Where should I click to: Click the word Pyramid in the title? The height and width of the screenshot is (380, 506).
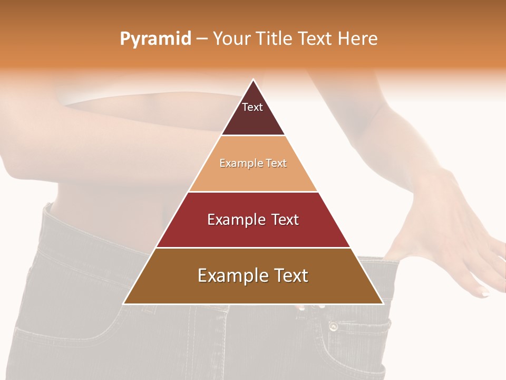[155, 39]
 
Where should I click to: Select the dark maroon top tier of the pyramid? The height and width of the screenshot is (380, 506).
[253, 119]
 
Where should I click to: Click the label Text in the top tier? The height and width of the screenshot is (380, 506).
[252, 107]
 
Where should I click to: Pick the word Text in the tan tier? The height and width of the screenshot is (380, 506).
[276, 164]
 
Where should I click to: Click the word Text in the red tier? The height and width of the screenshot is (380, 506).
[285, 220]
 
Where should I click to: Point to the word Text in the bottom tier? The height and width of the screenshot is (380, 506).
[289, 275]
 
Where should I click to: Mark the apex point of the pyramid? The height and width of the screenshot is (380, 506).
[253, 80]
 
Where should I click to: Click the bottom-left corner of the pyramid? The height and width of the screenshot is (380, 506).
[124, 303]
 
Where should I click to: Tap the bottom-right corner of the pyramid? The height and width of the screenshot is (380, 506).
[383, 303]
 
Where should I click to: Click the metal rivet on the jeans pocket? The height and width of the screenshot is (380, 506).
[333, 327]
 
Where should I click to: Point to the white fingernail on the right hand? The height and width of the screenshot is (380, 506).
[484, 293]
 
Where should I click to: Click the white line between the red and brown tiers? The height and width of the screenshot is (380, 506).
[253, 248]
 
